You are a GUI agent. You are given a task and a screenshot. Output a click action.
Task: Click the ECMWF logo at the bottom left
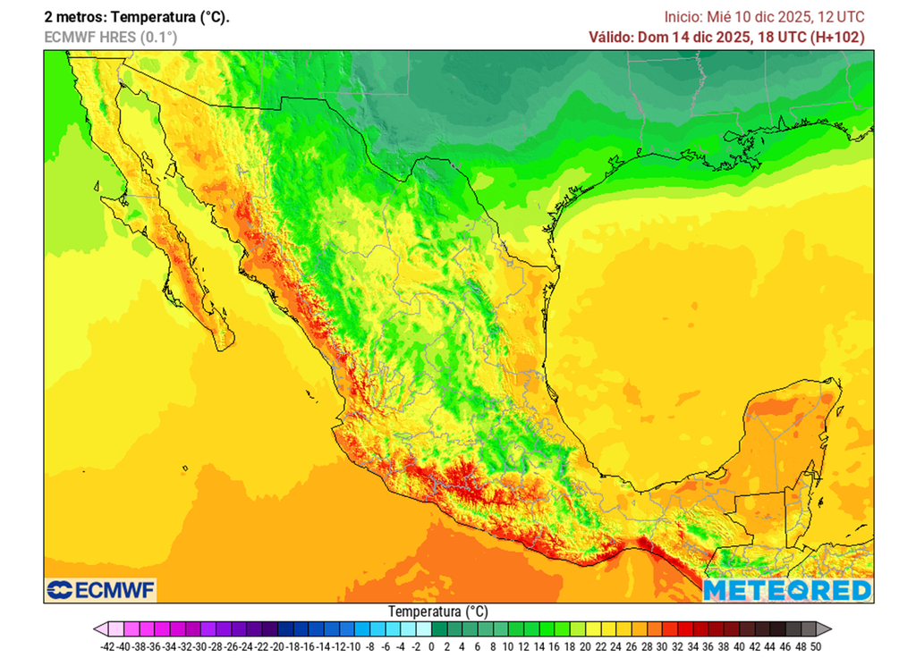[100, 590]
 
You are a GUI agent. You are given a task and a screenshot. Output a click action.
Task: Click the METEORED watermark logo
[786, 590]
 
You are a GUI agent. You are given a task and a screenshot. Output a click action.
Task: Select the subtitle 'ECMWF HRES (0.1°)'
[110, 37]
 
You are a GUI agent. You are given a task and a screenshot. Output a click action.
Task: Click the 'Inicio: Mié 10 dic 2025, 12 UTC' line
[764, 17]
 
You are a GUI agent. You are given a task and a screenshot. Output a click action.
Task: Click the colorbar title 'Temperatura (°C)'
[437, 612]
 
